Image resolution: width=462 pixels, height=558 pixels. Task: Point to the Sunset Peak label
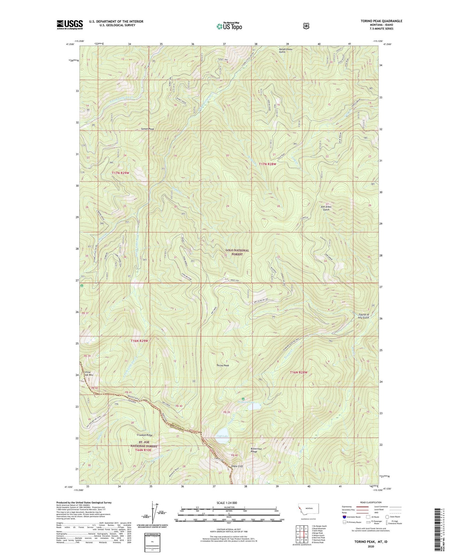pos(147,129)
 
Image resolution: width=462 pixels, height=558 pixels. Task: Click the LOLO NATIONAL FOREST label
pos(237,252)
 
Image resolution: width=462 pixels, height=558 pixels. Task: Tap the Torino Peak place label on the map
pos(223,365)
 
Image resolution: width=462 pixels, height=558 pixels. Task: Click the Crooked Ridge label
pos(145,435)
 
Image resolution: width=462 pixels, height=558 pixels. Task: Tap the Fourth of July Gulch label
pos(362,316)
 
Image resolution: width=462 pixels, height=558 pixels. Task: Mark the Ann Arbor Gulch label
pos(326,208)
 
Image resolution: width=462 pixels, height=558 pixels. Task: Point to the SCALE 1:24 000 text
pos(227,503)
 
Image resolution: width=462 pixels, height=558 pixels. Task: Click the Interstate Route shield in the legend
pos(344,517)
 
